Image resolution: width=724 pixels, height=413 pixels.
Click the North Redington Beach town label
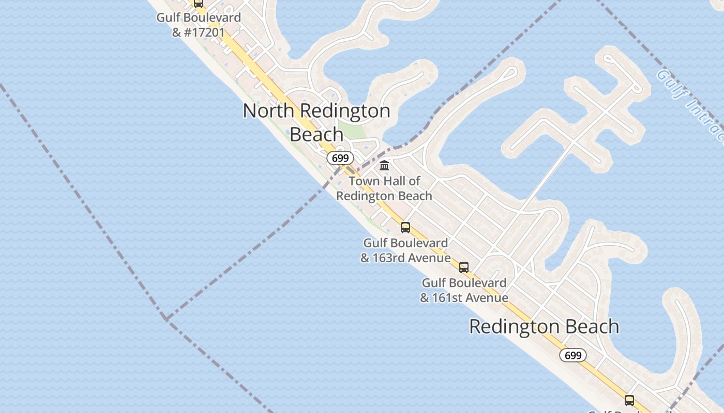[x=316, y=122]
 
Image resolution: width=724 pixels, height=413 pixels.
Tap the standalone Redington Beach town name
[x=544, y=327]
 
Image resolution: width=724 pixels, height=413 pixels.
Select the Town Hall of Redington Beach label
[x=384, y=188]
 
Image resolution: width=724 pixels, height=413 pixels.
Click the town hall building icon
[x=384, y=166]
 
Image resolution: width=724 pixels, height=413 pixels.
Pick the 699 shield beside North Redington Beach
[x=340, y=158]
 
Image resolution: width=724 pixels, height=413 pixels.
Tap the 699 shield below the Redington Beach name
[x=573, y=355]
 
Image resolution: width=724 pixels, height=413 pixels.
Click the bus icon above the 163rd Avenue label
[x=405, y=227]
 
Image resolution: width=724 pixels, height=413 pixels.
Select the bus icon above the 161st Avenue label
[x=464, y=267]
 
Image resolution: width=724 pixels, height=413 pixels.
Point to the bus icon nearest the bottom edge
[x=629, y=400]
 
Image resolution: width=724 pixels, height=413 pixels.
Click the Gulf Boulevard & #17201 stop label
[x=199, y=25]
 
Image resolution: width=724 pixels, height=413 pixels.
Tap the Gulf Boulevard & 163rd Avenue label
[x=405, y=250]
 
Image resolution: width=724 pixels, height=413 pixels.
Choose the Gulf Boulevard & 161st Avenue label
[x=464, y=290]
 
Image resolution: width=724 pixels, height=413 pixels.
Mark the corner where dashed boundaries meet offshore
[x=165, y=319]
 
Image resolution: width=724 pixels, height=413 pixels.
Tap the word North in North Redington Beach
[x=269, y=110]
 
